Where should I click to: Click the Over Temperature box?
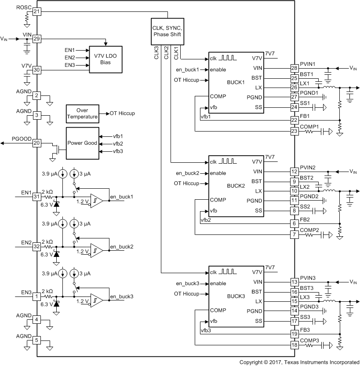click(x=82, y=113)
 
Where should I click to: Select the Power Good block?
click(x=82, y=143)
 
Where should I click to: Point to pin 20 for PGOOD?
click(x=36, y=143)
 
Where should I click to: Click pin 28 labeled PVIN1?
click(x=295, y=68)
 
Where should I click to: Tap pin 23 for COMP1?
click(x=295, y=131)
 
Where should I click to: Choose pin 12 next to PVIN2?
click(x=295, y=172)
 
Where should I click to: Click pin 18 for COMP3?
click(x=295, y=345)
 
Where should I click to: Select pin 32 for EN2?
click(x=36, y=247)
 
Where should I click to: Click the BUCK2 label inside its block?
click(x=236, y=186)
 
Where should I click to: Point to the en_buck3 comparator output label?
click(x=121, y=296)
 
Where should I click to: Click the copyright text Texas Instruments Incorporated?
click(x=299, y=362)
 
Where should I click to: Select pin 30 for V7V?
click(x=36, y=70)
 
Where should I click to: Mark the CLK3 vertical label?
click(x=156, y=51)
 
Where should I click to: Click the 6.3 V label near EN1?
click(x=47, y=205)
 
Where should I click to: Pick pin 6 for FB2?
click(x=295, y=224)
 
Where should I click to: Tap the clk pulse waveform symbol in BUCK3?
click(x=228, y=272)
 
